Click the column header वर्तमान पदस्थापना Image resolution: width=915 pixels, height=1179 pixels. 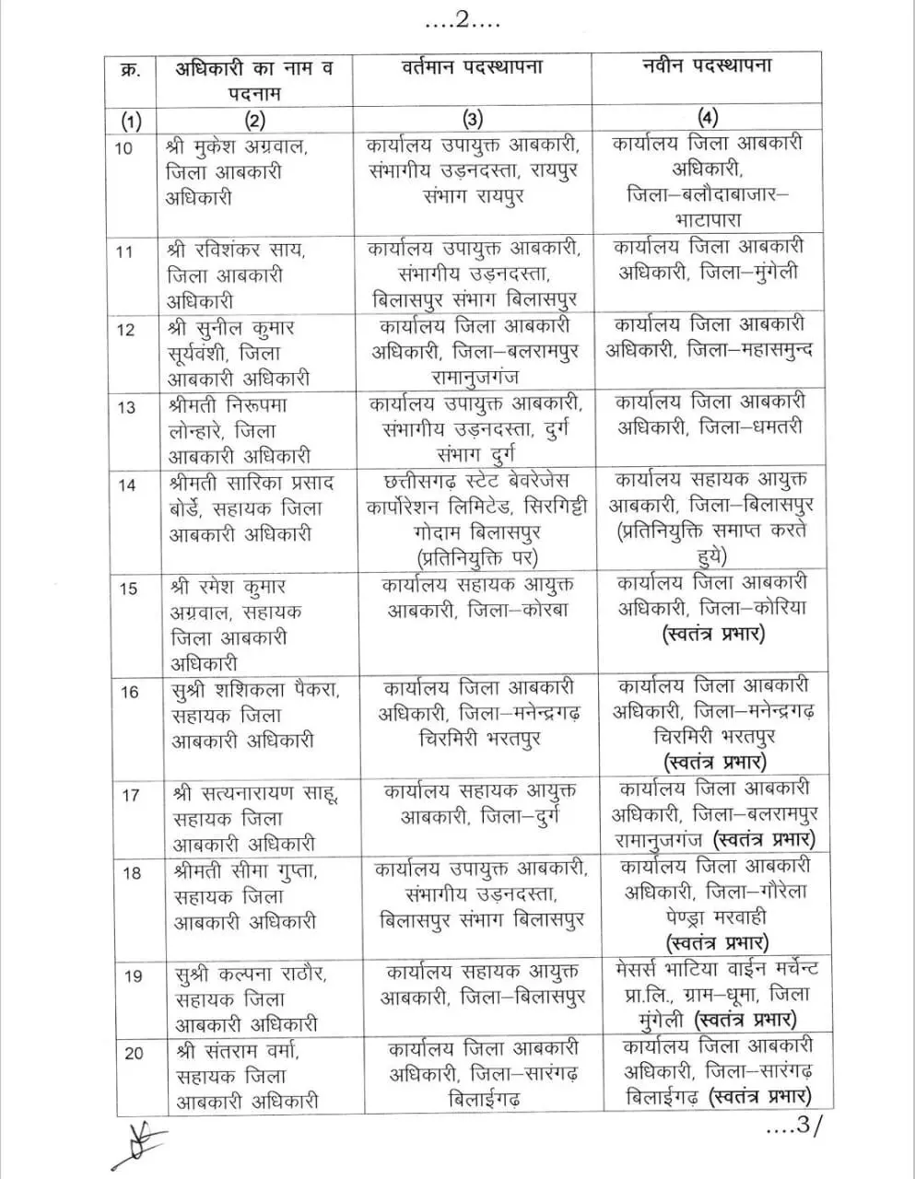472,67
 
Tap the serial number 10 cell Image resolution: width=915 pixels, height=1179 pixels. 123,148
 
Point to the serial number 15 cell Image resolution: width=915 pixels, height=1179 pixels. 130,588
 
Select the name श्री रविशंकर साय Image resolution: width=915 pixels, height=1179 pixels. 238,250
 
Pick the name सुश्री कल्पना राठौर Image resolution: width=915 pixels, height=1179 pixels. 250,974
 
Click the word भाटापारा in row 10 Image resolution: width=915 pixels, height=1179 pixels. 707,220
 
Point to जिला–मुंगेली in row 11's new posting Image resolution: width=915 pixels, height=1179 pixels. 748,273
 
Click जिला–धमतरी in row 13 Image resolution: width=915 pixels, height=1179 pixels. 751,427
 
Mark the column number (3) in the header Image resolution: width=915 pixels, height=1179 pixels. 471,118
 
